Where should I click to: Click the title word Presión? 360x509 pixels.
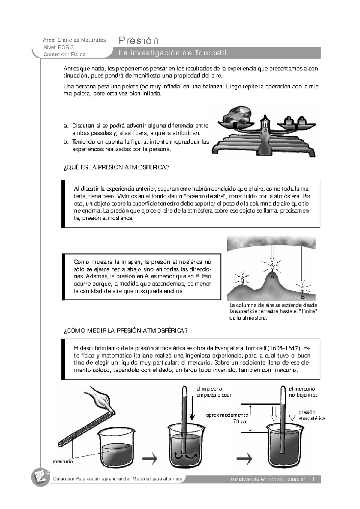coord(139,40)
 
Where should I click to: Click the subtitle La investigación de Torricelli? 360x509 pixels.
coord(172,53)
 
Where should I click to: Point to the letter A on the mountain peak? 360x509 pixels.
coord(272,277)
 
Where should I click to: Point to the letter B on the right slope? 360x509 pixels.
coord(303,297)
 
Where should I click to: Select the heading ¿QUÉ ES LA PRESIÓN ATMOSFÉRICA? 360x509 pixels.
coord(117,168)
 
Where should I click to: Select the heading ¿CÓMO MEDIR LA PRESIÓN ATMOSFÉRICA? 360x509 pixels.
coord(126,331)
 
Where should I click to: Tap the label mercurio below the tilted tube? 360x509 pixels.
coord(63,462)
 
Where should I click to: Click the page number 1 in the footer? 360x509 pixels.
coord(313,479)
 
